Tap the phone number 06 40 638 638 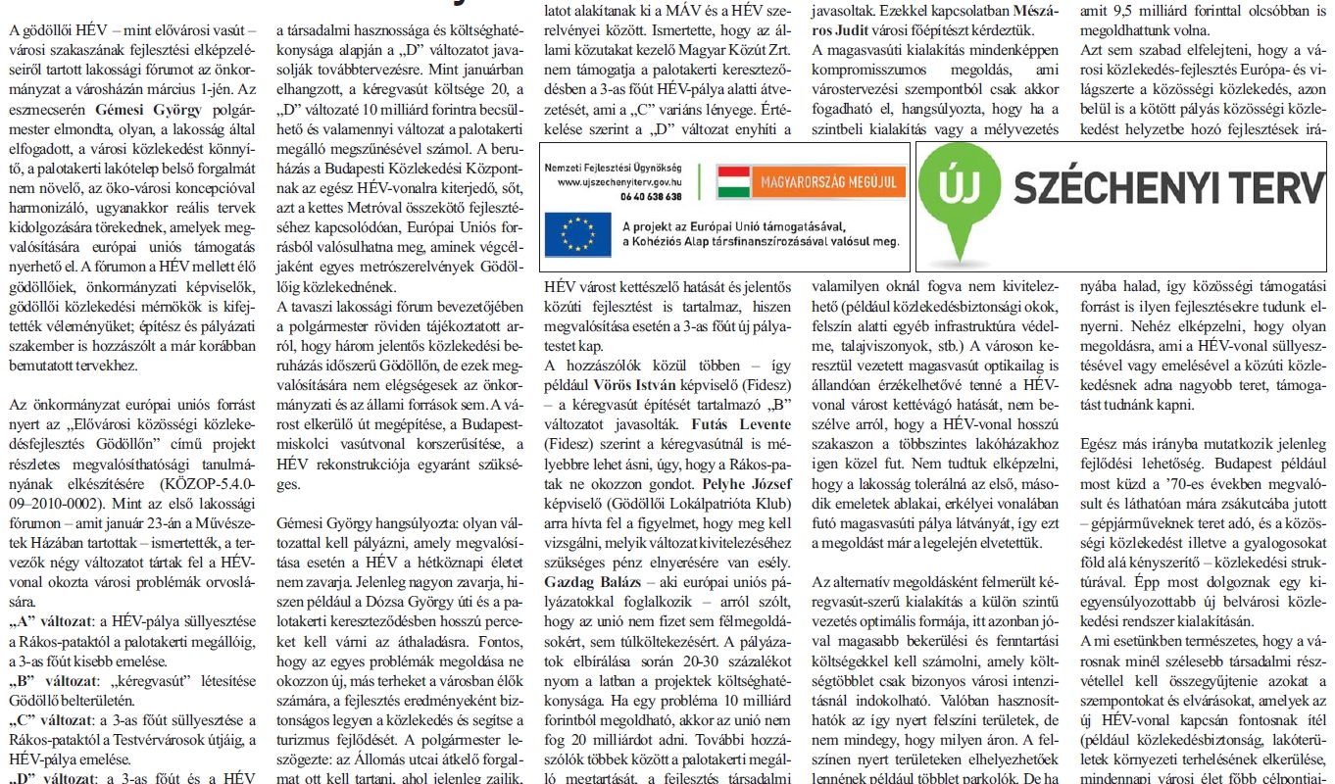tap(651, 195)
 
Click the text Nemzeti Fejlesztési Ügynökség tap(615, 169)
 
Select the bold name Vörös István tap(635, 384)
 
